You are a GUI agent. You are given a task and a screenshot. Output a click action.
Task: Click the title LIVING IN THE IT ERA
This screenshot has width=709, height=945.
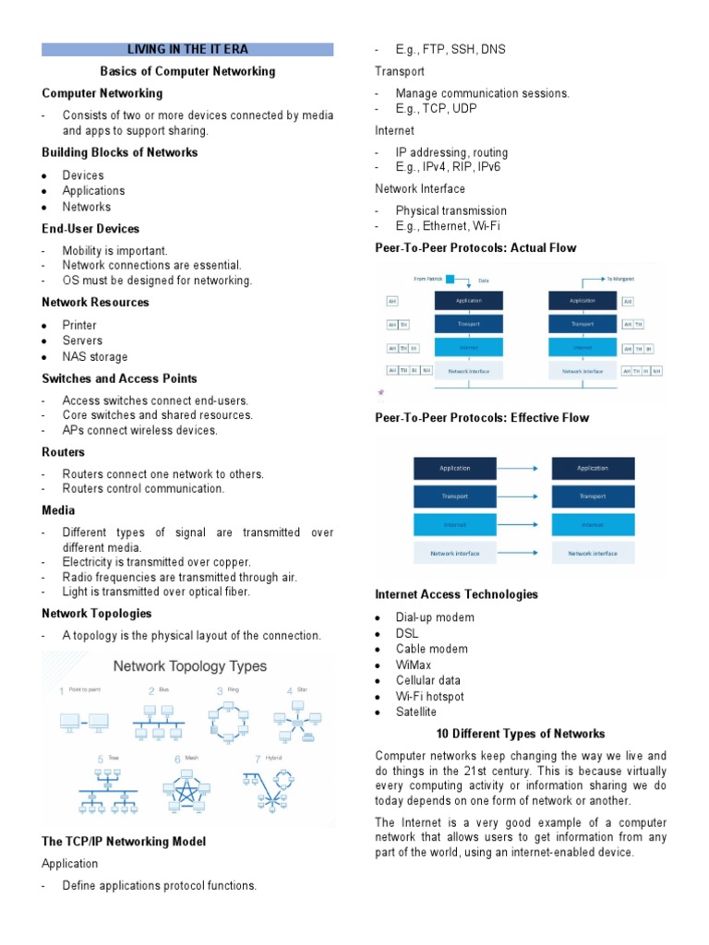pyautogui.click(x=187, y=49)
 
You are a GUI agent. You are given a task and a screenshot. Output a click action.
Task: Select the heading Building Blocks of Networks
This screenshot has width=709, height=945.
pyautogui.click(x=119, y=152)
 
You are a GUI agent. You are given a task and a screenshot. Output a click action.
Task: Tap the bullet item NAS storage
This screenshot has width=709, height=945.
pyautogui.click(x=95, y=357)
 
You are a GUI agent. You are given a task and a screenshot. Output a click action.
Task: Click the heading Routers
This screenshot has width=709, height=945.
pyautogui.click(x=63, y=452)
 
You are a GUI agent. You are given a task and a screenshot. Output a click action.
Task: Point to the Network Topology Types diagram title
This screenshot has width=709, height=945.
pyautogui.click(x=189, y=665)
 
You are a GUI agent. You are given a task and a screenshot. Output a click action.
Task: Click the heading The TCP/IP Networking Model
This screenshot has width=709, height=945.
pyautogui.click(x=124, y=842)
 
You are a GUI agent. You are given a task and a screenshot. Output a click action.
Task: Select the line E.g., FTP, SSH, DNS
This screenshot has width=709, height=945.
pyautogui.click(x=451, y=49)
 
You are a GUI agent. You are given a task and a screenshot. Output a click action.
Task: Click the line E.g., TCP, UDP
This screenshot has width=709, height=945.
pyautogui.click(x=437, y=108)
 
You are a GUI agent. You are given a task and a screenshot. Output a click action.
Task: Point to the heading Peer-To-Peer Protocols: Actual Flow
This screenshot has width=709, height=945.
pyautogui.click(x=475, y=247)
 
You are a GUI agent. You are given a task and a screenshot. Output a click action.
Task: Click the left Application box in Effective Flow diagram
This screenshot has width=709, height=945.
pyautogui.click(x=455, y=468)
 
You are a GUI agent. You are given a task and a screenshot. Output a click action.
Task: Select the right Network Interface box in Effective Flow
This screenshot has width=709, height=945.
pyautogui.click(x=593, y=554)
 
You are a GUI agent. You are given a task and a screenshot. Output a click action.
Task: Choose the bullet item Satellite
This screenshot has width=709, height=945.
pyautogui.click(x=416, y=712)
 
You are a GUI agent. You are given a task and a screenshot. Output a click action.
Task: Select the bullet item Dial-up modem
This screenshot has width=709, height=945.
pyautogui.click(x=435, y=617)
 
